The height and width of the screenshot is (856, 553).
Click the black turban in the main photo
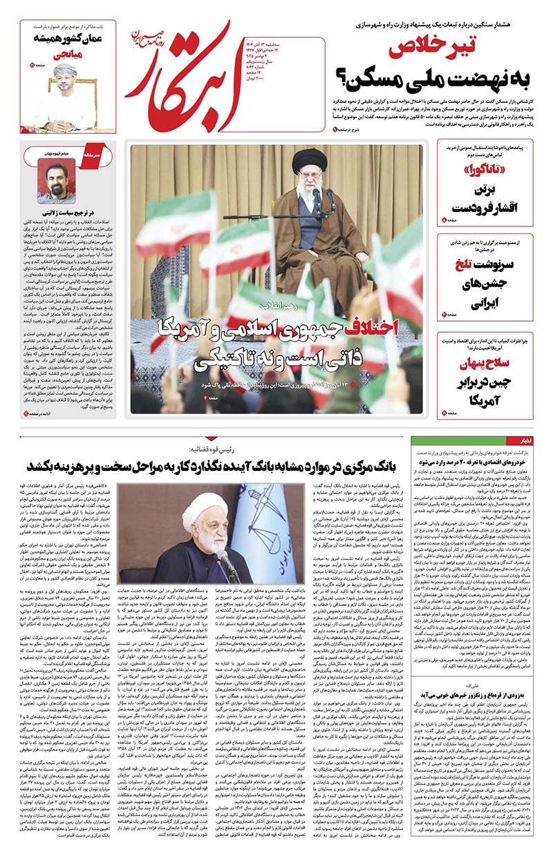pos(309,159)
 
